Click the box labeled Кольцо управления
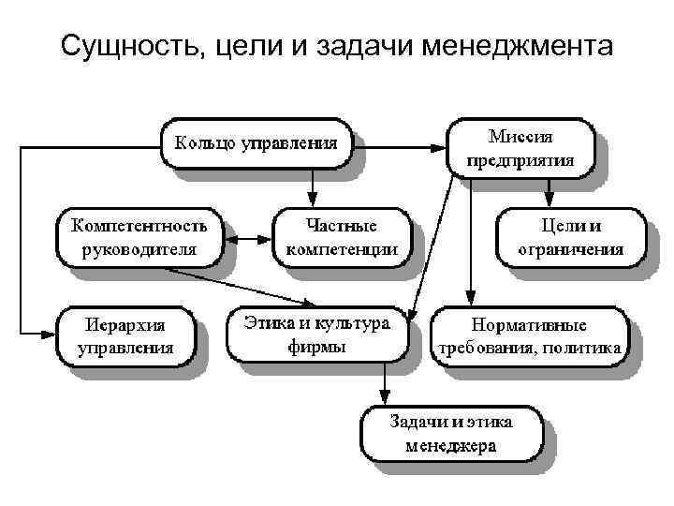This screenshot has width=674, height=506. (254, 145)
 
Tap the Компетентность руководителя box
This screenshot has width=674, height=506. (139, 237)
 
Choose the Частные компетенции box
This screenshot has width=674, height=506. (343, 237)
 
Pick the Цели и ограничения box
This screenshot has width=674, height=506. (570, 237)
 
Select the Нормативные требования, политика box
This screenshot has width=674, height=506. (529, 337)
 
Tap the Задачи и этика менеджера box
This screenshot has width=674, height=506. (450, 433)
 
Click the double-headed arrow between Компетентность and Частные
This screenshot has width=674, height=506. (247, 240)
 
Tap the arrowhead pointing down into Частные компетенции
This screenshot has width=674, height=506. (313, 199)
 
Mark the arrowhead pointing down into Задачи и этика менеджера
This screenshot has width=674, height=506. (386, 396)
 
